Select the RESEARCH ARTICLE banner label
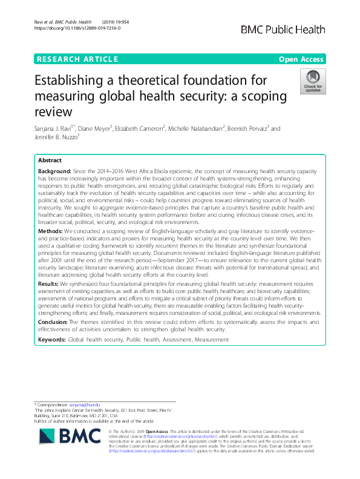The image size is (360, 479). coord(77,59)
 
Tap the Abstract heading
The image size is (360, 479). coord(50,161)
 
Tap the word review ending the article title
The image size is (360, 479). coord(55,113)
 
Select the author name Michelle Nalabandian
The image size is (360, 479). coord(194,128)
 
